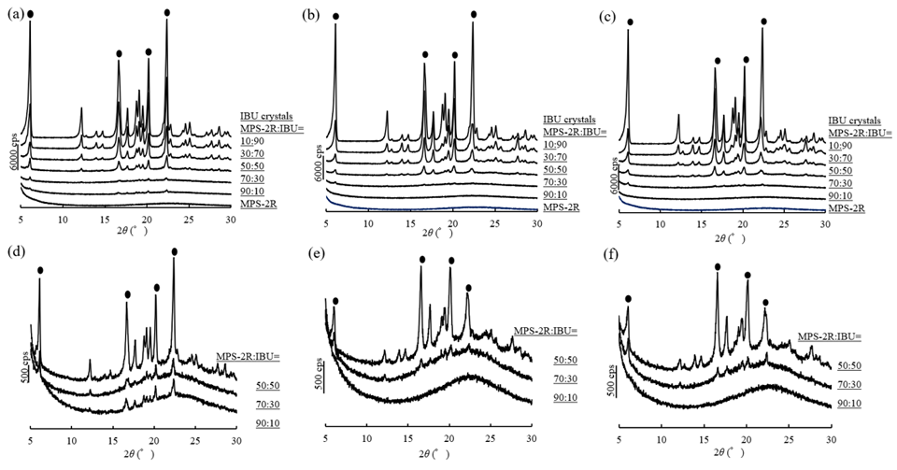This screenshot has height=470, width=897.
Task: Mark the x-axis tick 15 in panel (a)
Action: pos(104,220)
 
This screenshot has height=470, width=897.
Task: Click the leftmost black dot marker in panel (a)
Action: pos(30,13)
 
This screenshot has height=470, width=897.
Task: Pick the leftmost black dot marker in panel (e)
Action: pos(335,301)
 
